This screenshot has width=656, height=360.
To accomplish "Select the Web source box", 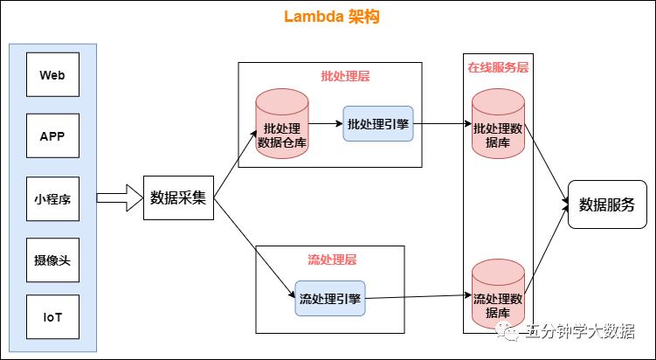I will pos(52,75).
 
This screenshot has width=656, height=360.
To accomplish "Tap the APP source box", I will pos(52,136).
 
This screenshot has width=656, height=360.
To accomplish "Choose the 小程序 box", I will pos(52,197).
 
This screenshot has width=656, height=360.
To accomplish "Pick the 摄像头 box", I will pos(52,260).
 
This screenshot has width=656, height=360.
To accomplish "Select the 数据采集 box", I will pos(178,197).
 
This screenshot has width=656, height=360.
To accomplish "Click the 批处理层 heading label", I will pos(345,76).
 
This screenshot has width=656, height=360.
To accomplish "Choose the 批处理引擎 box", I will pos(377,124).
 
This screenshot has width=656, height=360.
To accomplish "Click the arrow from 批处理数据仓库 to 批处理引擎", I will pos(325,124).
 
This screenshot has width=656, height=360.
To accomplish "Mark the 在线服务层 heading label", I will pos(497,67).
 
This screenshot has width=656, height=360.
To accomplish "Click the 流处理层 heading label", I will pos(332,260).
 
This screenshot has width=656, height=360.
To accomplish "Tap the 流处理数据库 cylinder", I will pos(497,295).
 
